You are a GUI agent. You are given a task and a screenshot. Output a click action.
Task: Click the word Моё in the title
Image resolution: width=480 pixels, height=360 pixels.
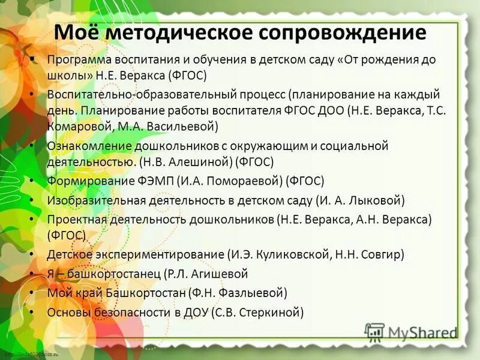[x=76, y=32]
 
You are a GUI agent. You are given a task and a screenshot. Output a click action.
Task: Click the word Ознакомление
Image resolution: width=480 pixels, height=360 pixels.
[x=83, y=146]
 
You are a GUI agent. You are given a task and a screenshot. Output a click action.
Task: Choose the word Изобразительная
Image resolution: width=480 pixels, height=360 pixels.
[x=93, y=200]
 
